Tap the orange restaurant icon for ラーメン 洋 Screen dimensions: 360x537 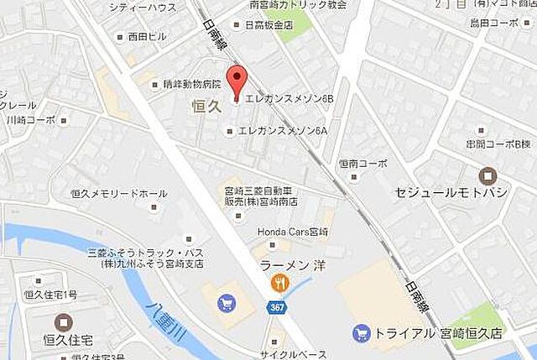tap(275, 284)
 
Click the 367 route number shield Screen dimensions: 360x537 tap(277, 308)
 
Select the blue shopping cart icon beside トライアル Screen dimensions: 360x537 tap(360, 332)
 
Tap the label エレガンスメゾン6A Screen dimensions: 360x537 tap(282, 130)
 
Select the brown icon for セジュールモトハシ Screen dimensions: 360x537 tap(487, 176)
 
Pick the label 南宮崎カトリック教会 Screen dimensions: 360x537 tap(286, 5)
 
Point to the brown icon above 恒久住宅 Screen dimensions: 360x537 tap(64, 321)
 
